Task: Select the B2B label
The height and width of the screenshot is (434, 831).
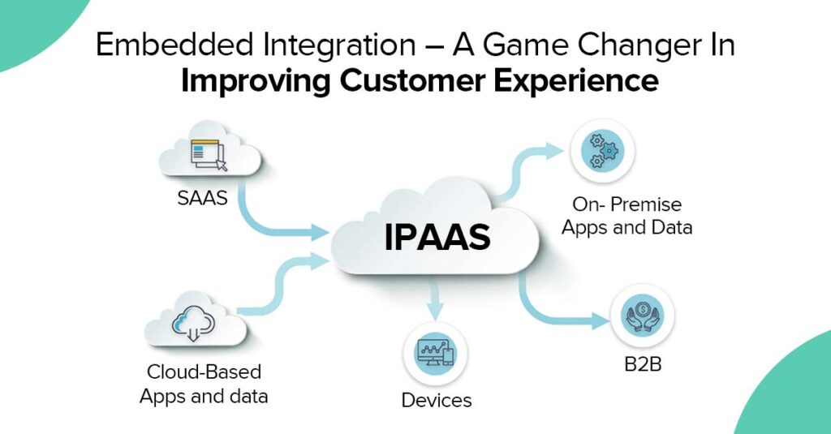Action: click(644, 363)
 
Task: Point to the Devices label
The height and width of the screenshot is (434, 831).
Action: click(436, 400)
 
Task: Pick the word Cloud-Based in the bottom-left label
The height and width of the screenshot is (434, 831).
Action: click(204, 372)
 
